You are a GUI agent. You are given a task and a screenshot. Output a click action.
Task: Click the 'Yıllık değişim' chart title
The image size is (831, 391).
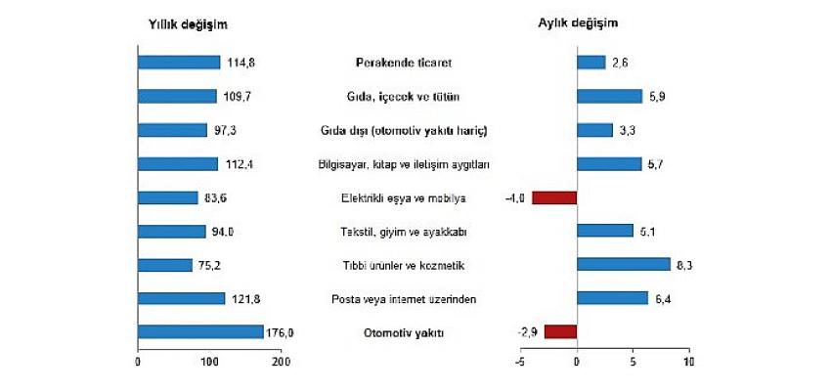(x=190, y=24)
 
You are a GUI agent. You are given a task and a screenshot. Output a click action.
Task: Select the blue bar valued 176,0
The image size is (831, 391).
(x=200, y=332)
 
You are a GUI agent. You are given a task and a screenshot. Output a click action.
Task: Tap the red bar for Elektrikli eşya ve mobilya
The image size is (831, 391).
(x=554, y=197)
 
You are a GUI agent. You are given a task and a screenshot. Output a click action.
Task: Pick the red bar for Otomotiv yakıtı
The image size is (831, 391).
(x=560, y=332)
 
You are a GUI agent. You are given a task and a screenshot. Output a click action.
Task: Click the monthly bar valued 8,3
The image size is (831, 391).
(x=623, y=265)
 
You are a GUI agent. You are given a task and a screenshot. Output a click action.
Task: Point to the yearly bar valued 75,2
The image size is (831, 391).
(x=165, y=265)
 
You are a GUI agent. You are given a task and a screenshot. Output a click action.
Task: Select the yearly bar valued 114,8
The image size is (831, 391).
(x=179, y=63)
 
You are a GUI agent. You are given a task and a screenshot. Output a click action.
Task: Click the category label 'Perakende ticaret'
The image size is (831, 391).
(x=408, y=64)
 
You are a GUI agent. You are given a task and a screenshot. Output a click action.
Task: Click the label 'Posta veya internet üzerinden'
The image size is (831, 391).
(x=407, y=299)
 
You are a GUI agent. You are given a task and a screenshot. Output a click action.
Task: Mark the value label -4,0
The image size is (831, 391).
(x=516, y=197)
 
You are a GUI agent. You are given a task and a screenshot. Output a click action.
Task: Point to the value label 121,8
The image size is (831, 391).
(x=243, y=299)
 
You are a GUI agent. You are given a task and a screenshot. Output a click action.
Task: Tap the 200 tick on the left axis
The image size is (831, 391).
(x=281, y=364)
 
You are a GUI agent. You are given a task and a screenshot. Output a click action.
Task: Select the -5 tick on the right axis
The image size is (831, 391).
(x=520, y=364)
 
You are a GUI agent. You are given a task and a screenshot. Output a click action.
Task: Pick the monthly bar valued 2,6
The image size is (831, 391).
(x=591, y=63)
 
